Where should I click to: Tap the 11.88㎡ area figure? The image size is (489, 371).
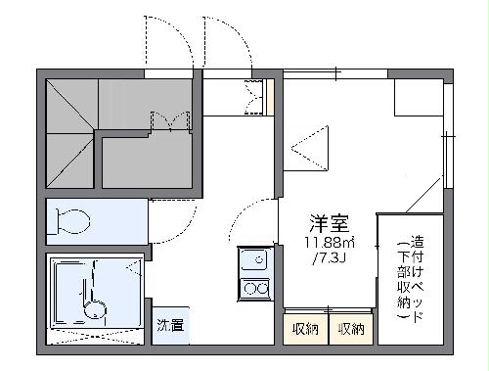pos(327,243)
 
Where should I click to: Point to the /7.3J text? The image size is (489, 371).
pos(329,258)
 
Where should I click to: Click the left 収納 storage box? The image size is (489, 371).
pos(305,329)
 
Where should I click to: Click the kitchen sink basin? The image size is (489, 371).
pos(254,261)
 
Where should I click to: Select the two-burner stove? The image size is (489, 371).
pos(255,288)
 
